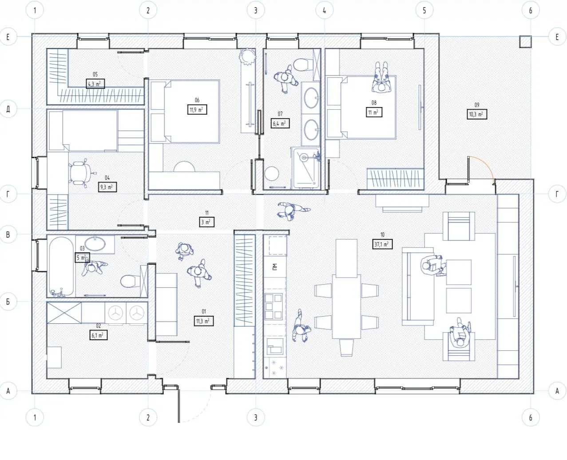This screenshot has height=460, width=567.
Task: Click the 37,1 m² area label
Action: [382, 244]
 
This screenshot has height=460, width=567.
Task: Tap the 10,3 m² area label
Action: [477, 114]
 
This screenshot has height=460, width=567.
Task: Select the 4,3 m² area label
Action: [95, 83]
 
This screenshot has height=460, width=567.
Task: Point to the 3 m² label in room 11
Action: [207, 222]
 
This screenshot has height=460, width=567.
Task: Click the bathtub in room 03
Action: [61, 267]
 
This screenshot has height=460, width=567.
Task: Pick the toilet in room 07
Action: [303, 64]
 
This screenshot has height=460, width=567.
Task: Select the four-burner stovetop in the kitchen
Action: [274, 306]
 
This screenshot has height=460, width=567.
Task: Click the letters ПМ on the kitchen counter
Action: [275, 267]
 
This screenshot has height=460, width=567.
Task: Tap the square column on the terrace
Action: [525, 42]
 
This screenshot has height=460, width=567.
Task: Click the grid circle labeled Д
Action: [8, 109]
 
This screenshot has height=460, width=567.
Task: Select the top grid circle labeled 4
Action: [324, 10]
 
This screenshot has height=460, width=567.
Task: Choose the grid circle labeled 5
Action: [424, 10]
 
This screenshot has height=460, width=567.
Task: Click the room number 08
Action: [374, 103]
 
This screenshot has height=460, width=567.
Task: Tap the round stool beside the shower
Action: [272, 174]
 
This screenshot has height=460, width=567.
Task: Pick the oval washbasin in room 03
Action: [95, 243]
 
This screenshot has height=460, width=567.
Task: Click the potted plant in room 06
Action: [247, 57]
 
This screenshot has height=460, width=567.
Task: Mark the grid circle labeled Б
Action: [8, 301]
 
